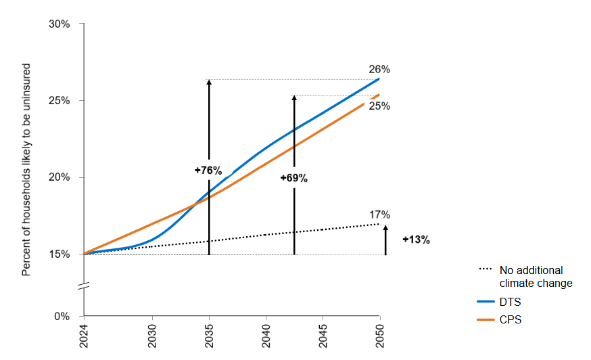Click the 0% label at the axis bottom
pos(62,316)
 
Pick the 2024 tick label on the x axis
pos(85,336)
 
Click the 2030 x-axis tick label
pos(152,336)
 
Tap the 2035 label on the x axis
pos(209,336)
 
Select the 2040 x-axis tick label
pos(266,336)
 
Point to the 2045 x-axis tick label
pos(323,336)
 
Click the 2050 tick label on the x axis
pos(379,336)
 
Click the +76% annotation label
pos(208,171)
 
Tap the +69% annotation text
pos(294,178)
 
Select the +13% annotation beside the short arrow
pos(416,240)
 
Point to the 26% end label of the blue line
pos(379,69)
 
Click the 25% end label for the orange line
pos(379,106)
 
